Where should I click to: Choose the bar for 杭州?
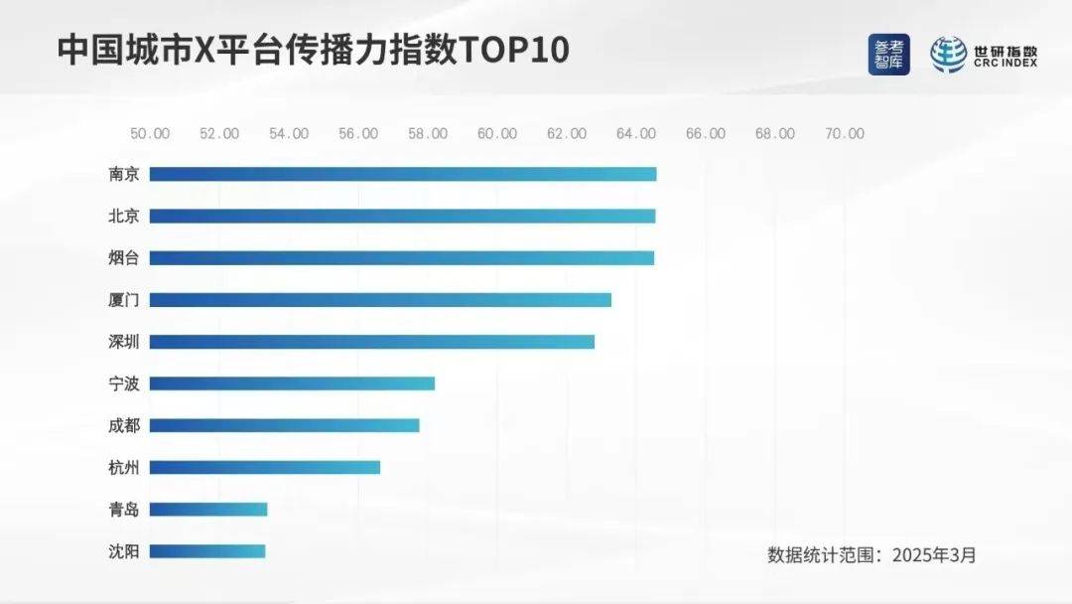264,467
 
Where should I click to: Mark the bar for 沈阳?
207,550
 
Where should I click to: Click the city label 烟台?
124,258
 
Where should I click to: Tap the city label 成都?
124,425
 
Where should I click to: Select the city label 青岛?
124,510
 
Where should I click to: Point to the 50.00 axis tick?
150,134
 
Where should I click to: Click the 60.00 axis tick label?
496,134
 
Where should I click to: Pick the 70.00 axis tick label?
844,134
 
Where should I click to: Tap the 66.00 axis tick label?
705,134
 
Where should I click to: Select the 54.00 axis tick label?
288,134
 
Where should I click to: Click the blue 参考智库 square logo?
888,55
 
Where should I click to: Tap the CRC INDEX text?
1005,64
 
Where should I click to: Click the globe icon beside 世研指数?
948,55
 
